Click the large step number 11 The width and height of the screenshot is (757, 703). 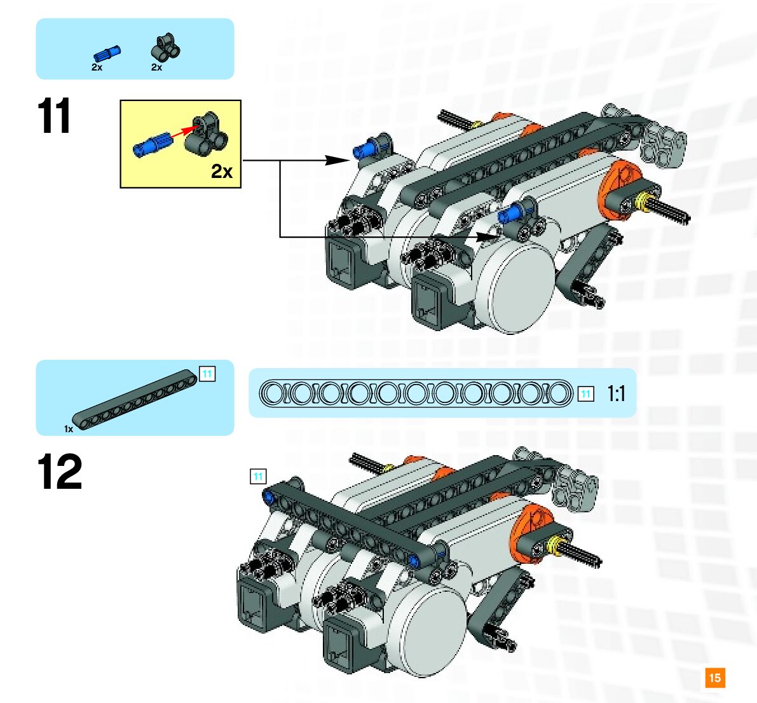coord(55,116)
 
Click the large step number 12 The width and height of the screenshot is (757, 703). coord(60,472)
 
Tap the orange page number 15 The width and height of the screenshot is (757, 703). coord(715,678)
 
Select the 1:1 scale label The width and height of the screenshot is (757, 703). coord(616,393)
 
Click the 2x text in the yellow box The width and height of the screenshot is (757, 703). coord(222,171)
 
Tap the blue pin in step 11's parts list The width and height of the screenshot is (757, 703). coord(106,53)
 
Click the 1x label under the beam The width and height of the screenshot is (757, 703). coord(69,429)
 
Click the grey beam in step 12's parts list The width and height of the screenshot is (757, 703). coord(135,399)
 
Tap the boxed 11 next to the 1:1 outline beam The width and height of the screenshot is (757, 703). coord(585,394)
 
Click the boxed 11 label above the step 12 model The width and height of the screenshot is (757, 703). coord(258,477)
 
